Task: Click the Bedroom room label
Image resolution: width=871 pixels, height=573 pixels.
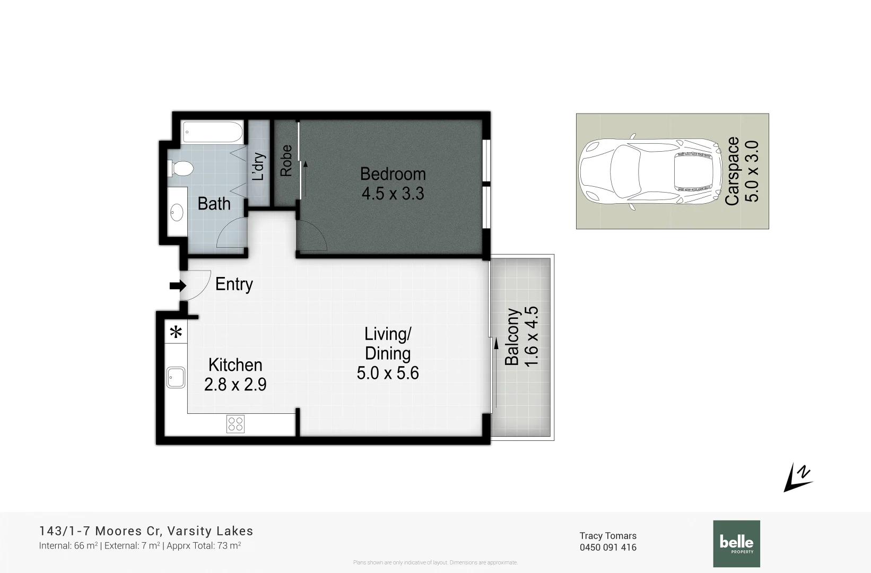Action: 393,174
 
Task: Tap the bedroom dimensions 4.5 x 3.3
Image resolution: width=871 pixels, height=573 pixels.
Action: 393,194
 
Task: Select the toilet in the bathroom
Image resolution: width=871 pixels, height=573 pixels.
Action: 181,169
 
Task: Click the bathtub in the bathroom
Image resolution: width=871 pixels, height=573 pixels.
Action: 212,132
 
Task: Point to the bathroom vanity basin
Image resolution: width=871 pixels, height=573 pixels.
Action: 177,213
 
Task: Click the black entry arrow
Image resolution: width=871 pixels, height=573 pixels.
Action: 177,286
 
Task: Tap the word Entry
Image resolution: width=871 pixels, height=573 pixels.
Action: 234,284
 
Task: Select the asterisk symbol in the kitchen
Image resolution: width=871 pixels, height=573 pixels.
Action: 176,333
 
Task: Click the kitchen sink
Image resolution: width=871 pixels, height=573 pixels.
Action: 176,377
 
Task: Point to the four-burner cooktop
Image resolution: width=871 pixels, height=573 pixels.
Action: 236,423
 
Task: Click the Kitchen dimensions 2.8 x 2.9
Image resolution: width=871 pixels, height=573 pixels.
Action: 235,384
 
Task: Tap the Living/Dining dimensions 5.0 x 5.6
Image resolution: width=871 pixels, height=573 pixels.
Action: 388,373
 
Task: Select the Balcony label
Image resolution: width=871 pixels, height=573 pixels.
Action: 512,337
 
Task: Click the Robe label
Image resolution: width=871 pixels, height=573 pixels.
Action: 286,161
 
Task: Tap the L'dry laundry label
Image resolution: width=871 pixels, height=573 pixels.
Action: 258,167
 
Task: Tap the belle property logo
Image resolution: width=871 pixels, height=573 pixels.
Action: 736,543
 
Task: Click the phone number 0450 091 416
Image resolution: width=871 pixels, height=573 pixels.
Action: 608,548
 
